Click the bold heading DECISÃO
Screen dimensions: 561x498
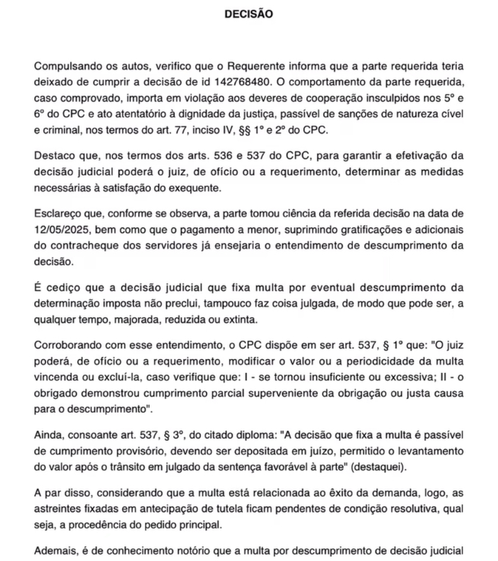pyautogui.click(x=248, y=13)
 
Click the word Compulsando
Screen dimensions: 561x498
pyautogui.click(x=65, y=65)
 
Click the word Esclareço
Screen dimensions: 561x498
pyautogui.click(x=58, y=213)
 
